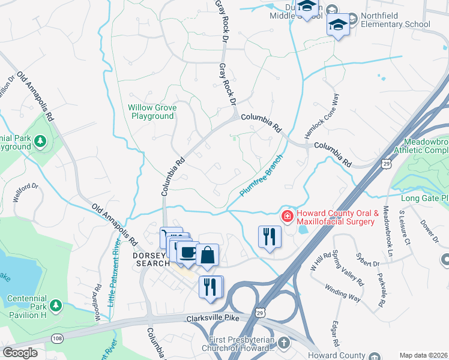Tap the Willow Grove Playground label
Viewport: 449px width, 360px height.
152,112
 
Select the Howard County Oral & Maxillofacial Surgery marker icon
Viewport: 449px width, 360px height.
288,216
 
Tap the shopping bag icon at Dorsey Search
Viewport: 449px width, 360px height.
207,254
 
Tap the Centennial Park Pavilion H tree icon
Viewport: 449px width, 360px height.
56,306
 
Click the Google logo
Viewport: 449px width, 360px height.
20,352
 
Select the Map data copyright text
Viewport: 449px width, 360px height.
423,355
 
